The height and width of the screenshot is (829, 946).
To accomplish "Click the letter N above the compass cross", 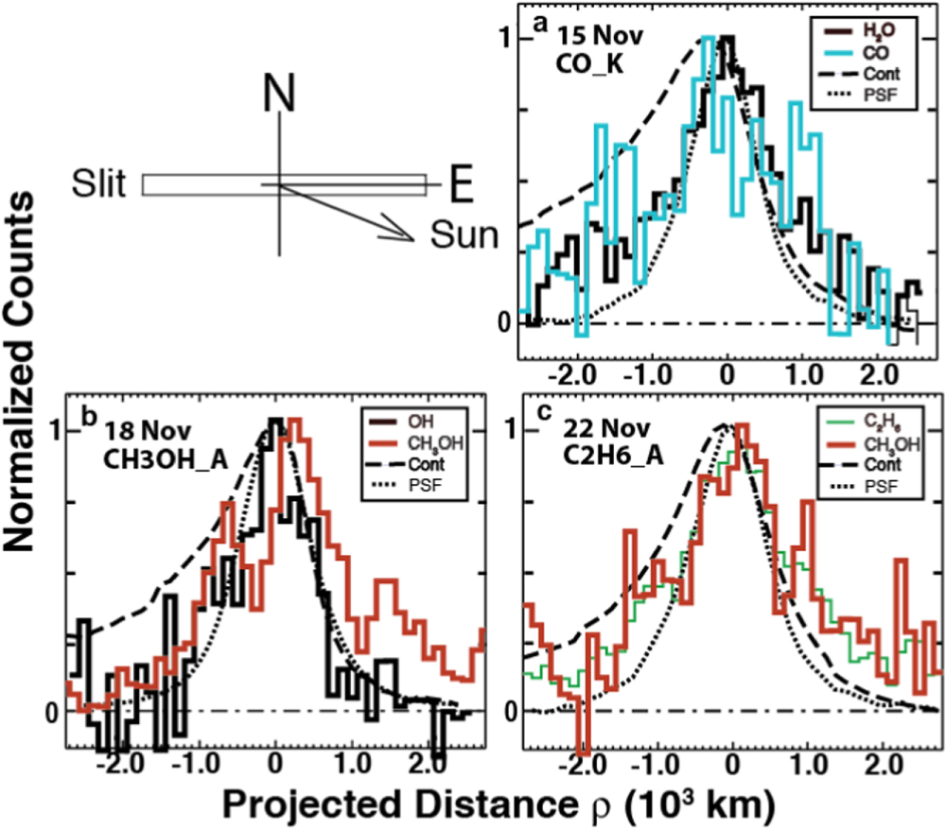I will [x=278, y=96].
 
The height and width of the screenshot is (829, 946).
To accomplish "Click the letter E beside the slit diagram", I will [x=460, y=186].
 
